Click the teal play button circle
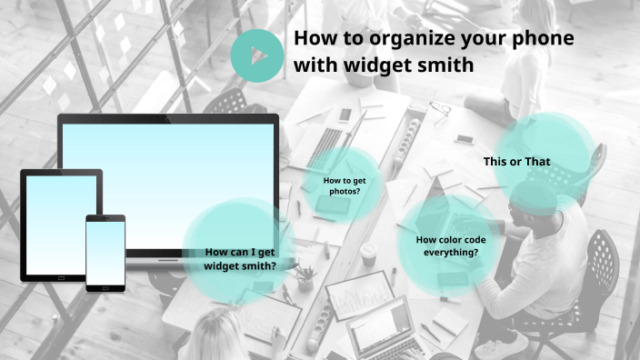256,55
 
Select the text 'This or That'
516,162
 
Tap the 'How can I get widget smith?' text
240,259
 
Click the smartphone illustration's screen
105,252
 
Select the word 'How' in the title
315,39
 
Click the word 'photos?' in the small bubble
344,192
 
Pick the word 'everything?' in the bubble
451,252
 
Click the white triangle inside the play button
257,55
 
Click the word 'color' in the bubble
452,240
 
